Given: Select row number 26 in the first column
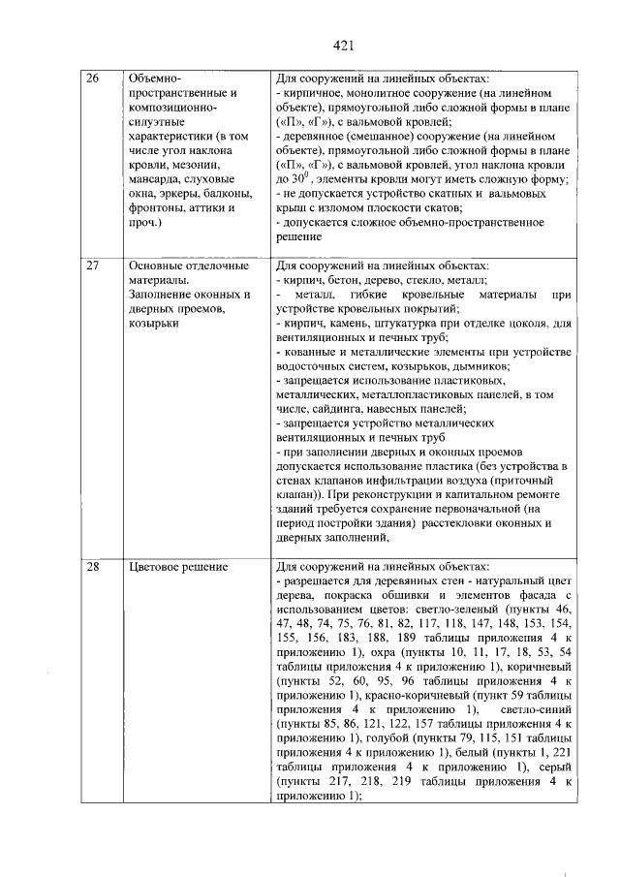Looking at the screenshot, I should tap(95, 78).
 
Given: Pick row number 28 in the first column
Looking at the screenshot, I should tap(95, 566).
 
